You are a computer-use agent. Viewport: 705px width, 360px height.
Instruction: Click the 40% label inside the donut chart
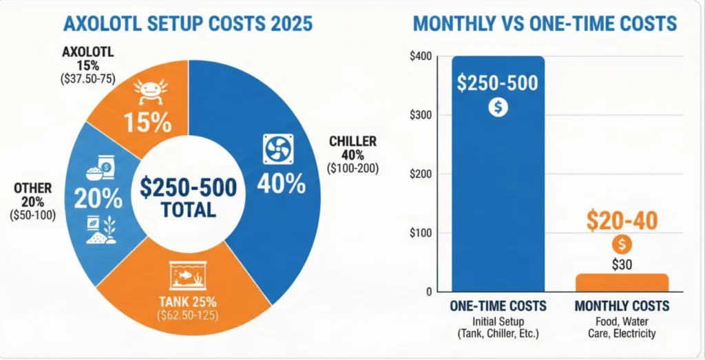(x=281, y=183)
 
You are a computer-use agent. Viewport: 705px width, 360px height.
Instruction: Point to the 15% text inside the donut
(x=147, y=122)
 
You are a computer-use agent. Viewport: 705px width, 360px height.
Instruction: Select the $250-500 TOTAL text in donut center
(x=187, y=197)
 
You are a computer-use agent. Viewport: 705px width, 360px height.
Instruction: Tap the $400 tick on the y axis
(x=420, y=56)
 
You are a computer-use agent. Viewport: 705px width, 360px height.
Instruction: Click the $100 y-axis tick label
(x=420, y=233)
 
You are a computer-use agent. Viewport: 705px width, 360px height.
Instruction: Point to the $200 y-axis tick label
(x=420, y=174)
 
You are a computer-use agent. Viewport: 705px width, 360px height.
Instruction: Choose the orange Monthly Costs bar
(x=621, y=282)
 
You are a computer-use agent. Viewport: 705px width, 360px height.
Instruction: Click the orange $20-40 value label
(x=622, y=221)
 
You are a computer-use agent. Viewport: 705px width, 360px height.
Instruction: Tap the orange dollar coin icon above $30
(x=622, y=244)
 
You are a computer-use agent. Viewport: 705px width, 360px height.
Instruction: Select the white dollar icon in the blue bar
(x=498, y=107)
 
